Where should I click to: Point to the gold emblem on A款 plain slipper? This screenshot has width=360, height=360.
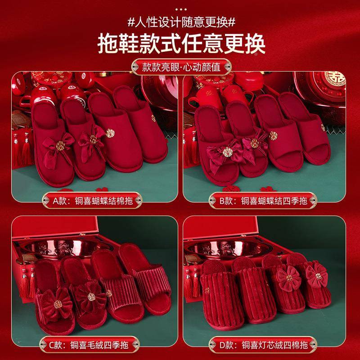[x=109, y=132]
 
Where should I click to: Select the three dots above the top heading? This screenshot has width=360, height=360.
[x=180, y=9]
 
